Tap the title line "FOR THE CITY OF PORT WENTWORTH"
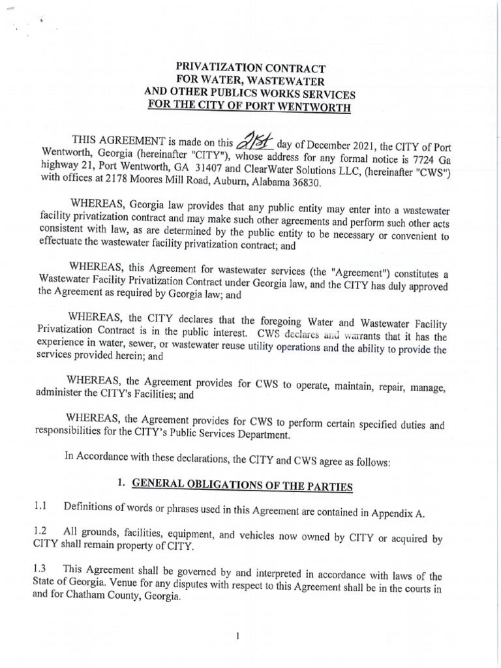click(249, 105)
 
